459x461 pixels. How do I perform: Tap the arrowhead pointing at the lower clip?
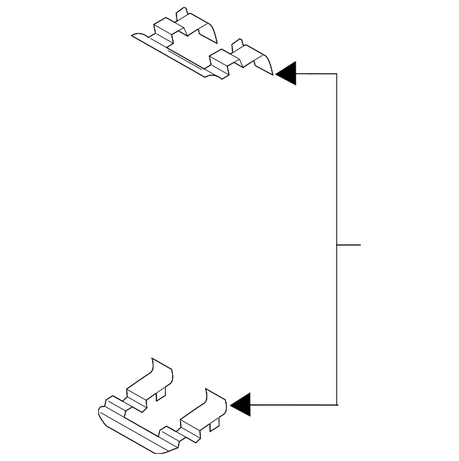click(x=241, y=404)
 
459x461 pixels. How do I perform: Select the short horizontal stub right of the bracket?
click(x=349, y=244)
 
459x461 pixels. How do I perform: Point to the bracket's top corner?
click(x=337, y=73)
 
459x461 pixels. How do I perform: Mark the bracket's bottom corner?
click(x=337, y=404)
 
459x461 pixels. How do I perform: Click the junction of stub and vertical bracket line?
click(x=337, y=244)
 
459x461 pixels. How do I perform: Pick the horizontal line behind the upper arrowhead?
click(x=316, y=73)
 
